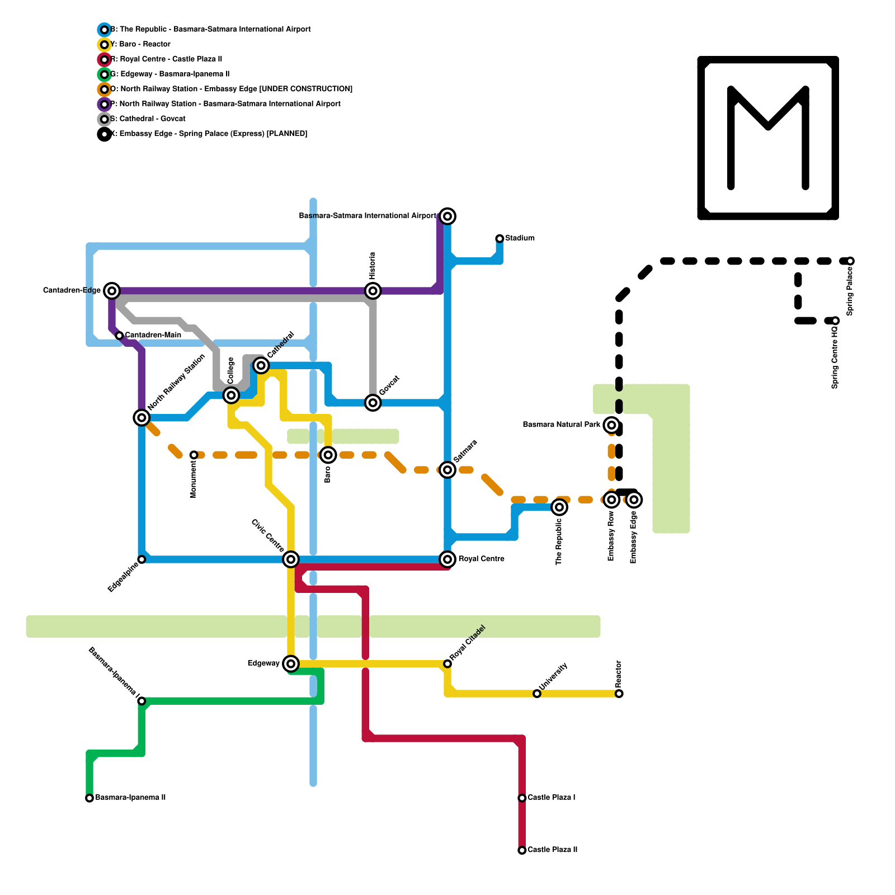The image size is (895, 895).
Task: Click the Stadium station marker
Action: click(x=500, y=239)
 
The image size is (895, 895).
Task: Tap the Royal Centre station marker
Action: click(x=447, y=559)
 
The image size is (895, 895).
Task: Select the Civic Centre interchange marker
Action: click(x=291, y=559)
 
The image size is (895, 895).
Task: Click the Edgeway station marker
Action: click(x=291, y=663)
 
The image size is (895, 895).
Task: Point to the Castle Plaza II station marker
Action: click(x=522, y=850)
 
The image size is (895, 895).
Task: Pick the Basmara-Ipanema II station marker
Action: click(x=89, y=798)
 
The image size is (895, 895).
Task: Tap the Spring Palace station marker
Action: click(x=850, y=261)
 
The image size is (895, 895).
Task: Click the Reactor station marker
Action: click(x=619, y=694)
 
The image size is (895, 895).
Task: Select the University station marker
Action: click(x=537, y=694)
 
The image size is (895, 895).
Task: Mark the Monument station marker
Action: click(x=194, y=455)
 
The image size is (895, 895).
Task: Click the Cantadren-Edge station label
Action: click(x=72, y=291)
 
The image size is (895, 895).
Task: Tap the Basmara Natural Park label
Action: click(x=562, y=425)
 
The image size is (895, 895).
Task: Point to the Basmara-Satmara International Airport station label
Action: click(x=368, y=216)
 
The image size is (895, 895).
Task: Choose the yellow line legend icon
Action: click(x=104, y=45)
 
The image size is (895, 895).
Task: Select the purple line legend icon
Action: click(x=104, y=104)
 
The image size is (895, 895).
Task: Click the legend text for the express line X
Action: click(x=209, y=134)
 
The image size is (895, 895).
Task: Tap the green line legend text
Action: click(x=170, y=74)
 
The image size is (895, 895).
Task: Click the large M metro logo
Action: click(x=768, y=138)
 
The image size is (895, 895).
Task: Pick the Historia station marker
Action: click(x=373, y=291)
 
